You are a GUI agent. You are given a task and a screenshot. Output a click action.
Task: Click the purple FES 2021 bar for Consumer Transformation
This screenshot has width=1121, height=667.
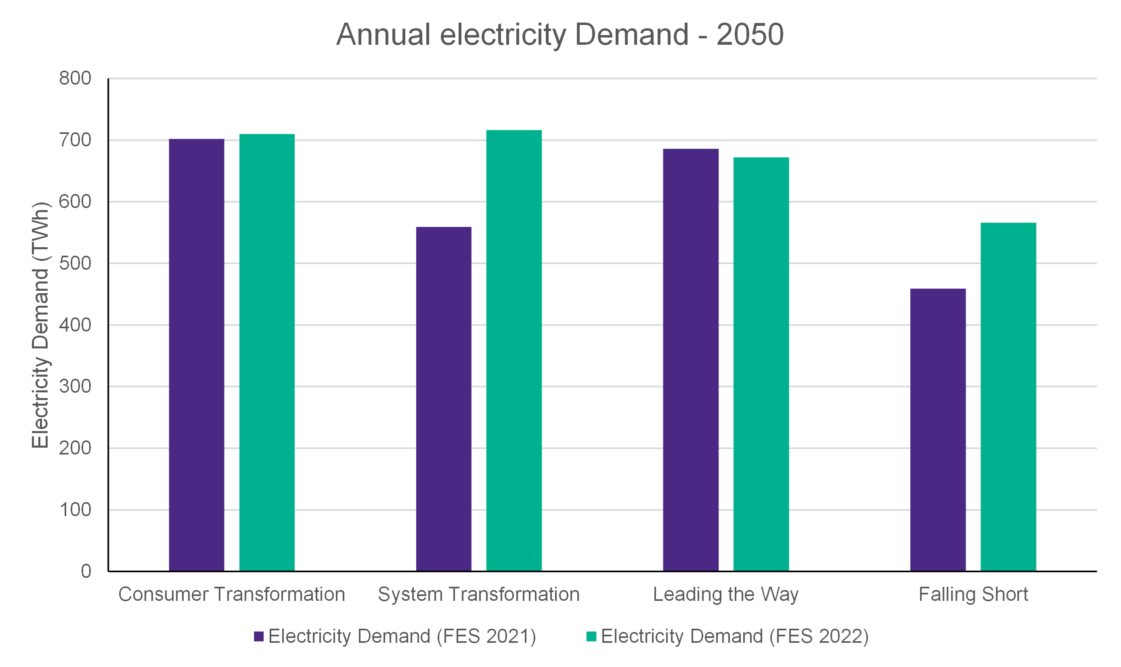coord(197,355)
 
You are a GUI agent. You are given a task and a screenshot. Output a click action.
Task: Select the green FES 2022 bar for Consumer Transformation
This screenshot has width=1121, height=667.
coord(267,353)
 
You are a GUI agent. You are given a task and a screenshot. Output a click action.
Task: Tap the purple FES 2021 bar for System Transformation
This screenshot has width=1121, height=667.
coord(444,399)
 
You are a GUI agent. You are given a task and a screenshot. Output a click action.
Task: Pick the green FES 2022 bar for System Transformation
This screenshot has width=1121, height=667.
coord(514,350)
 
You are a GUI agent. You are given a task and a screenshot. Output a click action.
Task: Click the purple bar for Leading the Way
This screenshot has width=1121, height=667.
coord(691,360)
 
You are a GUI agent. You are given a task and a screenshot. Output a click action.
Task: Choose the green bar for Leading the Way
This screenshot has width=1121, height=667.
coord(761,364)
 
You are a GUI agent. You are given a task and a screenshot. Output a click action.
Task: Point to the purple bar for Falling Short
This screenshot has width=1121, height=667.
coord(938,430)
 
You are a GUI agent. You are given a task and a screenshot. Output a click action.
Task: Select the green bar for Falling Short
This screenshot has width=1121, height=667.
coord(1008,397)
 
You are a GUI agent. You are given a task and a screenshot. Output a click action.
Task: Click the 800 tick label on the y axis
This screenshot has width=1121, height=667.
coord(75,79)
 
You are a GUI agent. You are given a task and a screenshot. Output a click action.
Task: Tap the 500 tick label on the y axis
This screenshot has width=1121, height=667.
coord(75,263)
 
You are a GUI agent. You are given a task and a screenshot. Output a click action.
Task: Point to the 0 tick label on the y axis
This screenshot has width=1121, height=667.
coord(86,571)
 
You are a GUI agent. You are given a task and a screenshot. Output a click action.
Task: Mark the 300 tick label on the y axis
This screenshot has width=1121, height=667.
coord(75,387)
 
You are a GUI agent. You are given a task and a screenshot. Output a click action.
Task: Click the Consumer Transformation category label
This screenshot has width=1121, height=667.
coord(232,594)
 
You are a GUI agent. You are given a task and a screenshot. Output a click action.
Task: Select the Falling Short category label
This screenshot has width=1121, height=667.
coord(973,594)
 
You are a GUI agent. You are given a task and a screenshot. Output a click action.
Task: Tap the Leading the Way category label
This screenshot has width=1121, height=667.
coord(725,594)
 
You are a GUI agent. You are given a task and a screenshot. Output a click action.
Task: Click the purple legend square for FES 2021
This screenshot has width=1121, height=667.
coord(259,636)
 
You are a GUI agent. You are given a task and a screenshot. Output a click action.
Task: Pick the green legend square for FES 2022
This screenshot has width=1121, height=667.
coord(591,636)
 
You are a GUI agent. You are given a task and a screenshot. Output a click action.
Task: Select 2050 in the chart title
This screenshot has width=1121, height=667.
coord(750,35)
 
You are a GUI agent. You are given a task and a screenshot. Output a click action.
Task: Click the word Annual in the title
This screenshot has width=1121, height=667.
coord(383,35)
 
